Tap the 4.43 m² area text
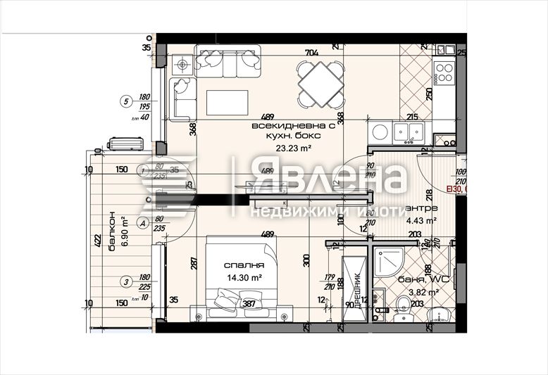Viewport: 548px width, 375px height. [422, 220]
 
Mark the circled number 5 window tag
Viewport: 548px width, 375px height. [127, 101]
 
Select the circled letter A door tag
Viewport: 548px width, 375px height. [142, 223]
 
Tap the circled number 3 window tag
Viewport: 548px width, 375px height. [125, 282]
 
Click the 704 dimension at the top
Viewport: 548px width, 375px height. [311, 51]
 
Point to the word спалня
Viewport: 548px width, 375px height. [244, 266]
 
